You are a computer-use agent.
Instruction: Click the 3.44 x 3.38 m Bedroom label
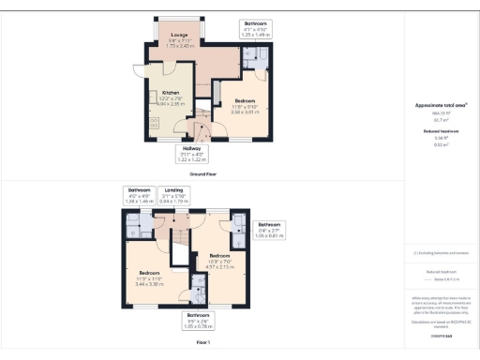(151, 277)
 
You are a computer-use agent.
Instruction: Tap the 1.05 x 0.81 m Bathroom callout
(269, 230)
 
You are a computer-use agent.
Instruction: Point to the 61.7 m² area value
(441, 120)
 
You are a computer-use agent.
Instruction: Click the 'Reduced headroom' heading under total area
(441, 131)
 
